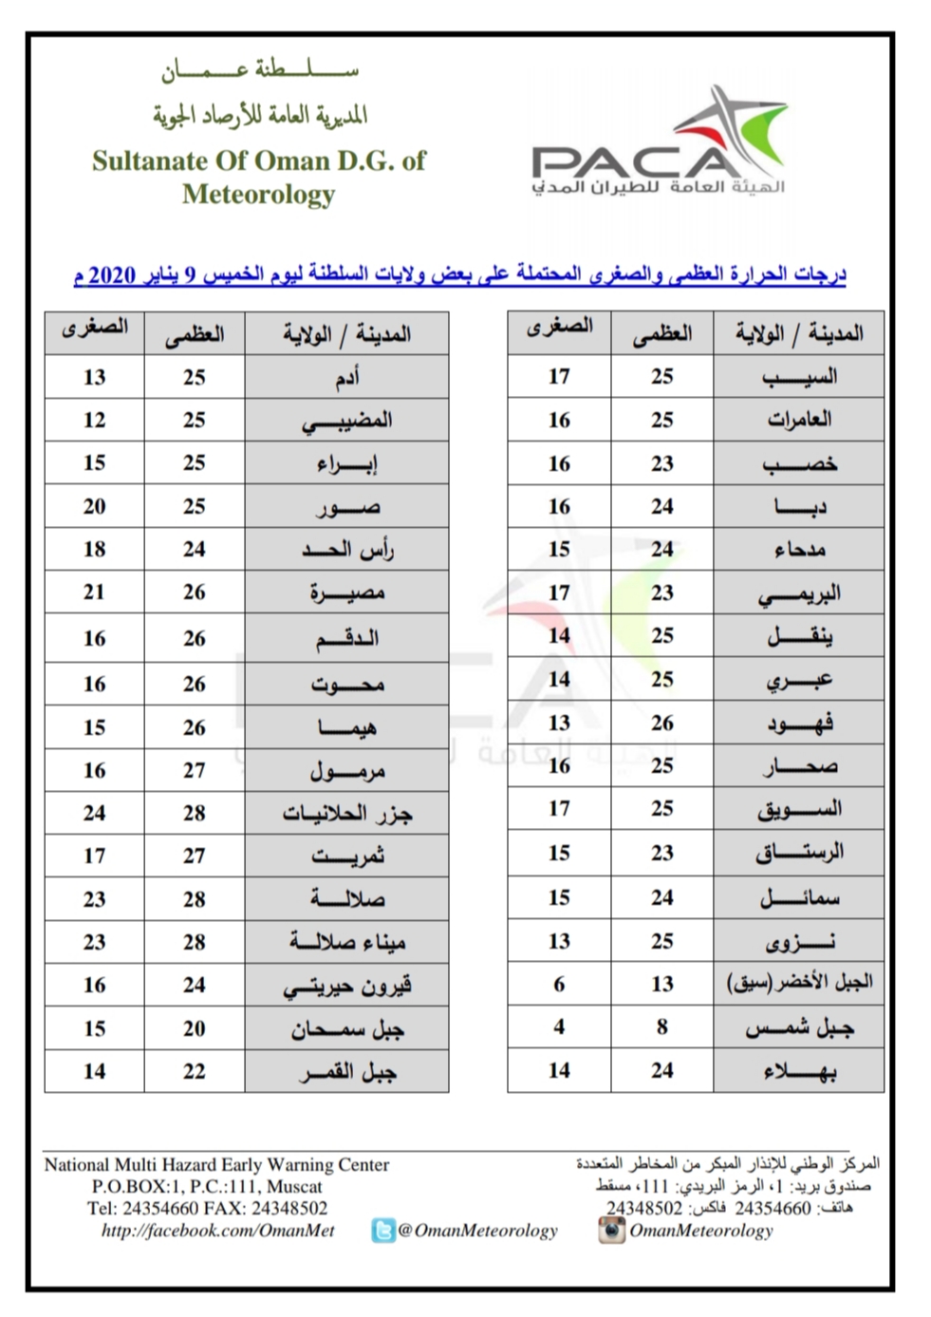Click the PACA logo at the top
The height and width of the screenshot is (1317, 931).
[x=659, y=142]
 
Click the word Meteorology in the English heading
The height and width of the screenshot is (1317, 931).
[x=259, y=194]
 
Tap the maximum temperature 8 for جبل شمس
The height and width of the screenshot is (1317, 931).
[x=661, y=1026]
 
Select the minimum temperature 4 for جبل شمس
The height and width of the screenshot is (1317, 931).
[x=559, y=1026]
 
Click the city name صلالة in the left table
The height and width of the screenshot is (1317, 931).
[x=346, y=898]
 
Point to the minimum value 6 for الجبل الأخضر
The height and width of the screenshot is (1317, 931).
[x=559, y=984]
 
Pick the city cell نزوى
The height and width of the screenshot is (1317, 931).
[x=799, y=941]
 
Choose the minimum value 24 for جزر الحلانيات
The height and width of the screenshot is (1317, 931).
[x=94, y=813]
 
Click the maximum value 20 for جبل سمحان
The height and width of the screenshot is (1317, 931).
[x=194, y=1028]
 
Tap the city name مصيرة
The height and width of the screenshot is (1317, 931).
[x=346, y=593]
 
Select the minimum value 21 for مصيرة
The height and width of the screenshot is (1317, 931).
[x=94, y=592]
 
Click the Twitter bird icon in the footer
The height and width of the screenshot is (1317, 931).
[x=382, y=1232]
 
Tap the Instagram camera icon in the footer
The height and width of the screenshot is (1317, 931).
[x=611, y=1231]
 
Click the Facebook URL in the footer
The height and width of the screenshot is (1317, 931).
[x=217, y=1231]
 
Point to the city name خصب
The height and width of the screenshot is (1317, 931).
[x=799, y=463]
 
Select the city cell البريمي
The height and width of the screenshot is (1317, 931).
[x=799, y=593]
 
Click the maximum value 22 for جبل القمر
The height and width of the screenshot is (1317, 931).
[x=194, y=1071]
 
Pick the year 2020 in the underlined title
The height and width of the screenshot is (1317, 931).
[x=113, y=275]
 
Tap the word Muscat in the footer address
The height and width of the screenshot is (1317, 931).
[x=294, y=1187]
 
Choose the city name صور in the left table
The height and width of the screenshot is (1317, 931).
[x=346, y=506]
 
